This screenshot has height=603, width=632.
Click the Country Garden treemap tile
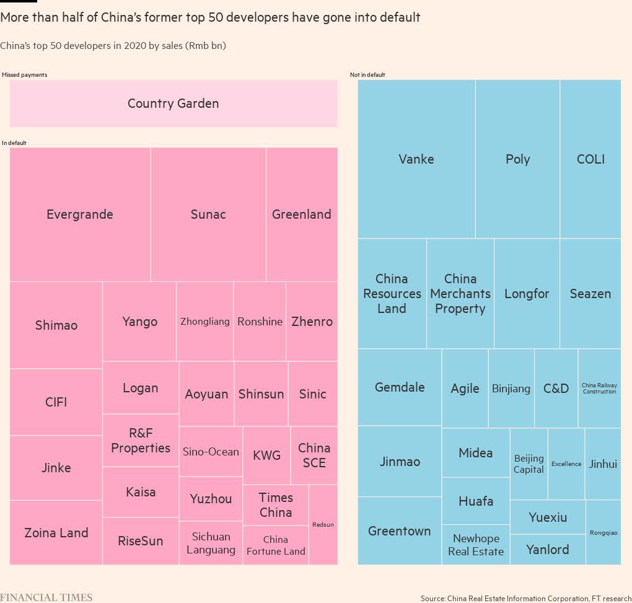click(x=173, y=103)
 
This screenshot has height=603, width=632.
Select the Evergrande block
click(x=80, y=214)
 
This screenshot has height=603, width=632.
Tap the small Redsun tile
click(x=323, y=524)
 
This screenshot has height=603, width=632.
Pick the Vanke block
click(x=416, y=159)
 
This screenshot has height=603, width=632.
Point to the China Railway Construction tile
click(x=599, y=388)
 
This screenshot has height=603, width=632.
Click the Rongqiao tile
click(x=603, y=532)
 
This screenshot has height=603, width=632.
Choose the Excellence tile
click(x=566, y=464)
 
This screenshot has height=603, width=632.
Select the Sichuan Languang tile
click(x=211, y=543)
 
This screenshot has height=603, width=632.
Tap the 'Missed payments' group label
click(x=24, y=75)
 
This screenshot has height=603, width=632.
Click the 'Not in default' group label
click(x=367, y=75)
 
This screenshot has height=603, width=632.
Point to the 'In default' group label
click(x=14, y=143)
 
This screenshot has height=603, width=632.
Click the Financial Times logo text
click(x=46, y=597)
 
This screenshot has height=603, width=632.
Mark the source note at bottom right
click(x=525, y=598)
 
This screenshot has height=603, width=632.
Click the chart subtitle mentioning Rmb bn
click(x=113, y=46)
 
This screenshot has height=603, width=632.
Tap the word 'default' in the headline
click(x=399, y=17)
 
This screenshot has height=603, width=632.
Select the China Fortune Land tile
click(x=276, y=545)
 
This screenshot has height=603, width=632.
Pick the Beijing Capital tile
click(x=529, y=464)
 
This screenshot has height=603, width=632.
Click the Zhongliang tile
click(x=204, y=322)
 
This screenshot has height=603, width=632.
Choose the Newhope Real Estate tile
click(x=476, y=545)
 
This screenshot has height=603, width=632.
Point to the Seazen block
click(x=590, y=294)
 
